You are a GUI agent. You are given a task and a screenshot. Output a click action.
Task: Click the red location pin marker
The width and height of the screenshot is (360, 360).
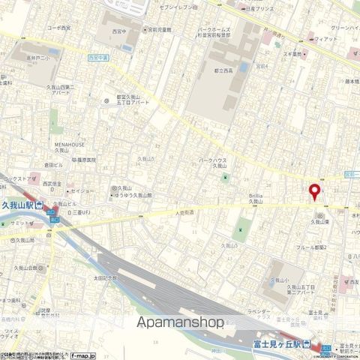click(x=314, y=190)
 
